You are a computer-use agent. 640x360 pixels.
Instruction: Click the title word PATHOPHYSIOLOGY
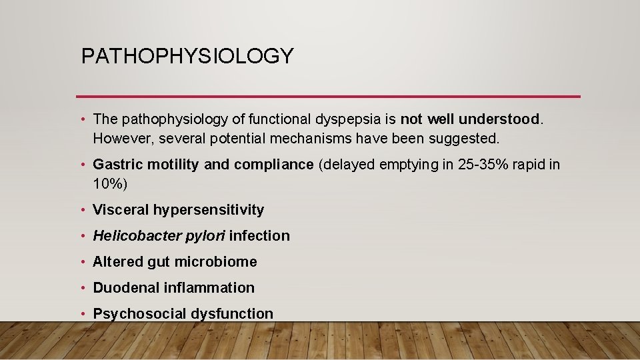coord(187,56)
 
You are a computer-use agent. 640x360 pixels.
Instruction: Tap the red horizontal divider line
coord(328,97)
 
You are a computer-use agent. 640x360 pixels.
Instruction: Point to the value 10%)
coord(110,183)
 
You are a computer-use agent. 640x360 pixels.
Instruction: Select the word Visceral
coord(120,209)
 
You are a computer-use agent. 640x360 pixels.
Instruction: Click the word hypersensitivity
coord(209,209)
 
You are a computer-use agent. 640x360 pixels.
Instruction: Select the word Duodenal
coord(122,287)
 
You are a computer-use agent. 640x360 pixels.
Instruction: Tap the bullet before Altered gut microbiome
coord(83,261)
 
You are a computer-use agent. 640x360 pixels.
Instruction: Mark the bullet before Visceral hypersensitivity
coord(83,209)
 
